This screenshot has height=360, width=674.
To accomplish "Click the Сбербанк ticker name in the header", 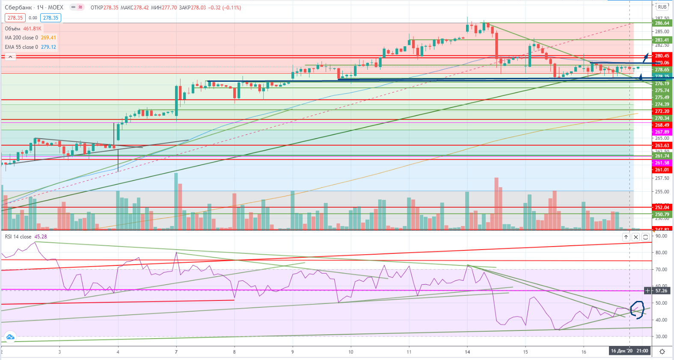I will pyautogui.click(x=18, y=7).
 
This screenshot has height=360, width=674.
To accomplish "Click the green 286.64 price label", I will pyautogui.click(x=662, y=23).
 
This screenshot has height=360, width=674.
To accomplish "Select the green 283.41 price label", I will pyautogui.click(x=662, y=40).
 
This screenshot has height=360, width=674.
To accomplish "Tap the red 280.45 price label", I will pyautogui.click(x=662, y=56).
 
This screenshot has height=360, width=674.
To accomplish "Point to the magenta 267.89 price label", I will pyautogui.click(x=662, y=132).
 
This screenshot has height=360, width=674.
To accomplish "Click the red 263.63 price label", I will pyautogui.click(x=662, y=146).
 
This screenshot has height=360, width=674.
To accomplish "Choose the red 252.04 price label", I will pyautogui.click(x=662, y=208).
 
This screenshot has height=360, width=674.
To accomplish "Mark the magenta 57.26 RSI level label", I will pyautogui.click(x=661, y=291).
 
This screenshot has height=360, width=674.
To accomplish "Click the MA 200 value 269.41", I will pyautogui.click(x=48, y=38).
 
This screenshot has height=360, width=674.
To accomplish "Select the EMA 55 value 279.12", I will pyautogui.click(x=48, y=47).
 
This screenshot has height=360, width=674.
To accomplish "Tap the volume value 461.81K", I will pyautogui.click(x=32, y=29).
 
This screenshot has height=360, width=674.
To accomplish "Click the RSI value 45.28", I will pyautogui.click(x=41, y=237).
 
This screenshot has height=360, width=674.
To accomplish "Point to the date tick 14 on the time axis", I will pyautogui.click(x=467, y=352).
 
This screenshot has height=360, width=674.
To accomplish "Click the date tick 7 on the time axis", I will pyautogui.click(x=176, y=352).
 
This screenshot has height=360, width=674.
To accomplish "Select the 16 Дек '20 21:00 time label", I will pyautogui.click(x=629, y=351).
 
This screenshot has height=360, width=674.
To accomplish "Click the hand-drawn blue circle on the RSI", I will pyautogui.click(x=637, y=310).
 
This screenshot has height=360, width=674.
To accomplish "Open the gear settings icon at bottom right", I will pyautogui.click(x=662, y=351).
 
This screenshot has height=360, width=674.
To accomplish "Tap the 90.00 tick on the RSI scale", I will pyautogui.click(x=661, y=236).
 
